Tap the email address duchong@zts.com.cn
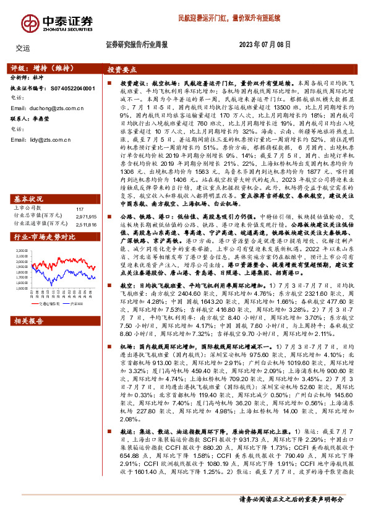[x=47, y=108]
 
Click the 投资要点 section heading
[x=122, y=71]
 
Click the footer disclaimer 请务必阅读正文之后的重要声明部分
[x=291, y=515]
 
